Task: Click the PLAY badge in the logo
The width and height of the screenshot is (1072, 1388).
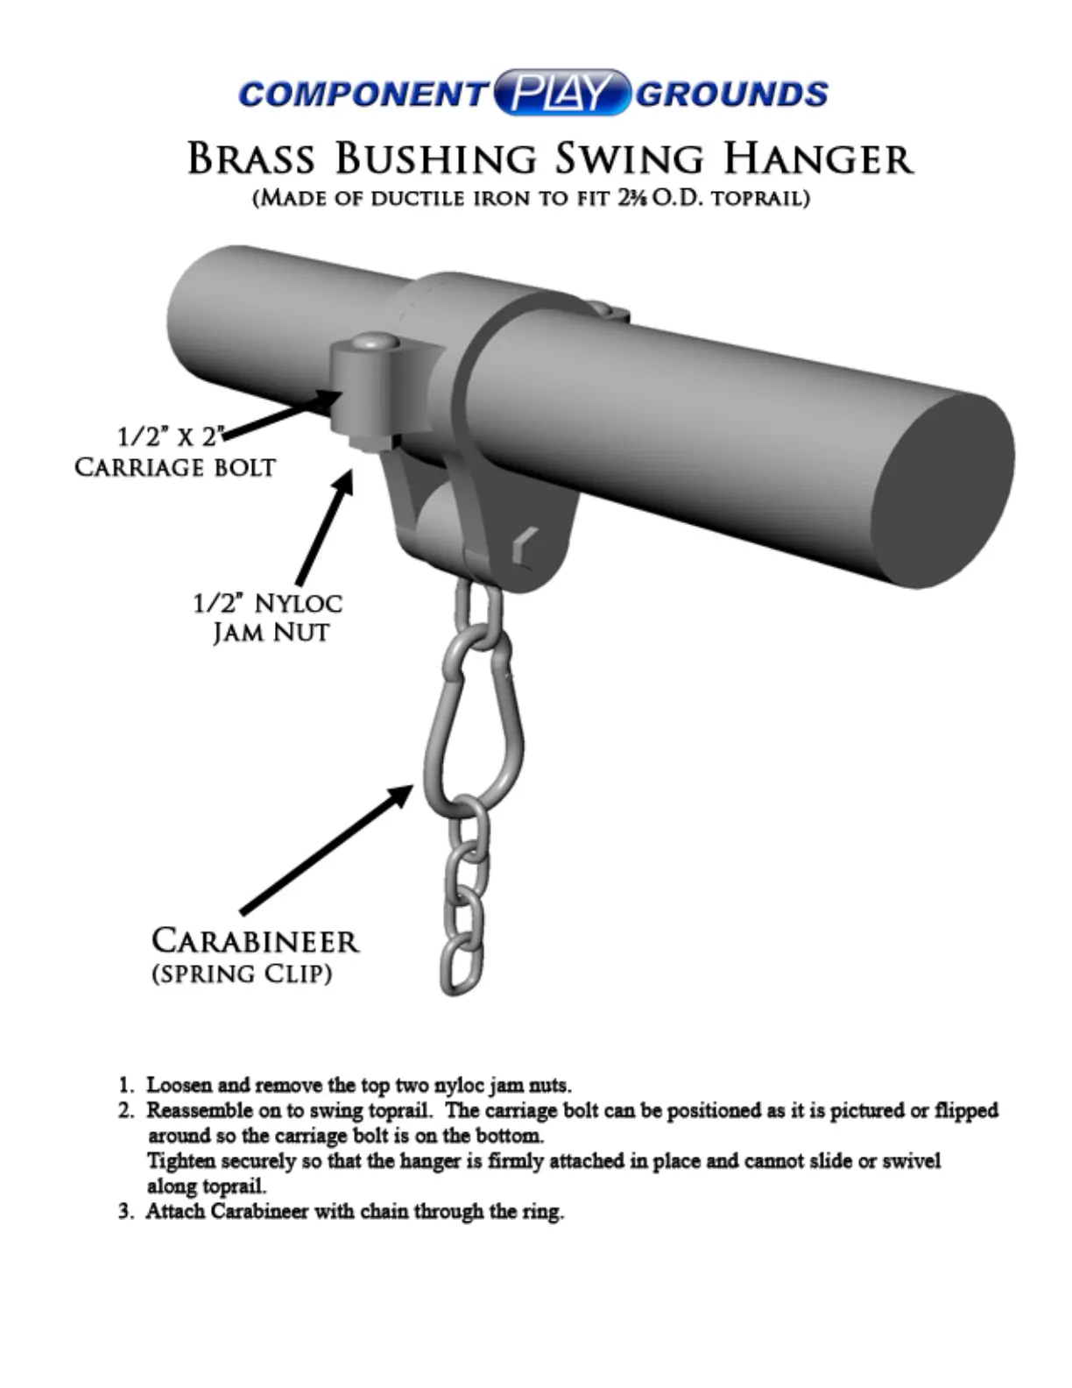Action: coord(561,93)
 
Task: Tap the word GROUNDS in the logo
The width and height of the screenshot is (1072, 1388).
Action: coord(731,94)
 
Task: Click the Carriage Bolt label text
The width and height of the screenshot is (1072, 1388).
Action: coord(174,466)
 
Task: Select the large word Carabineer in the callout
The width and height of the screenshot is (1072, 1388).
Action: coord(255,941)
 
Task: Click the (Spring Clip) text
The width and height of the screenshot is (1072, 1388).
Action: coord(242,974)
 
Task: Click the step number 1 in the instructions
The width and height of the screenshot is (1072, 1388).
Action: coord(125,1086)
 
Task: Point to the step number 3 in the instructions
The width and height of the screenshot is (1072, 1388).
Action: coord(125,1212)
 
